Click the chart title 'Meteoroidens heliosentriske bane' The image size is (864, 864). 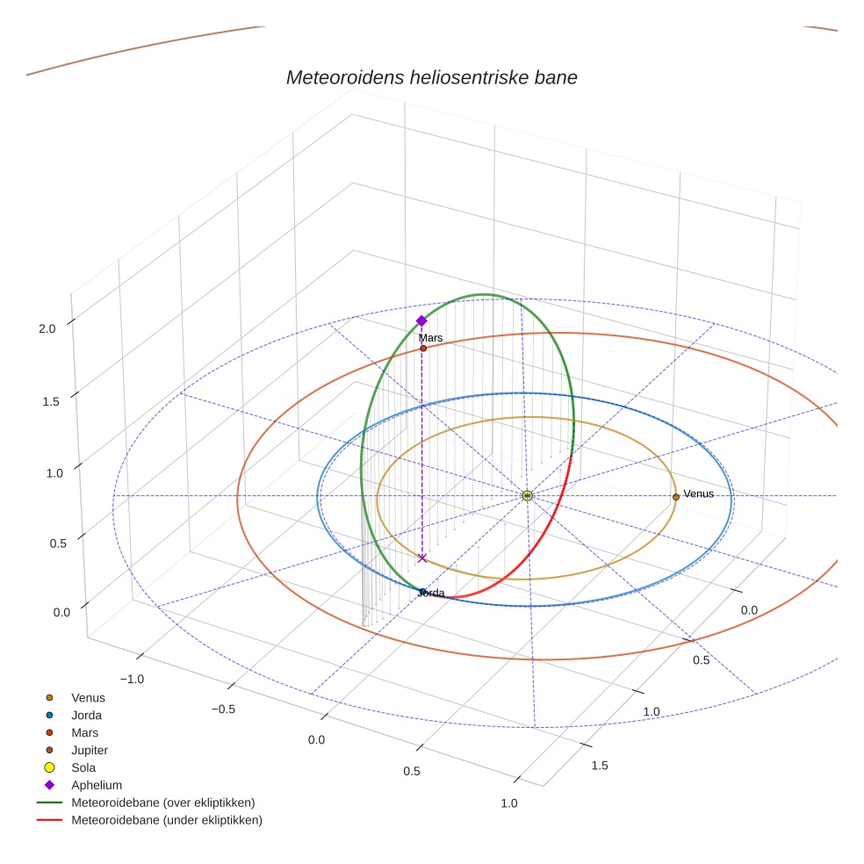(431, 77)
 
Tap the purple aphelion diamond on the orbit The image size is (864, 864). (421, 320)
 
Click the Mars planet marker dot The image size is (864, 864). (423, 348)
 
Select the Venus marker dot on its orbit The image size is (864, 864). (675, 497)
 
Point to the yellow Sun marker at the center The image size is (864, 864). (527, 496)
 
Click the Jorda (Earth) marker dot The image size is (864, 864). (422, 592)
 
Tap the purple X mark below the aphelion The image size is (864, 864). (421, 558)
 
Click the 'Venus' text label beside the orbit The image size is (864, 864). (699, 493)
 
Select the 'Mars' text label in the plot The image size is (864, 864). (430, 337)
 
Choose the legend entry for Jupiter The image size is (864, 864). (90, 750)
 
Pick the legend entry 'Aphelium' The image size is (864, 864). (97, 785)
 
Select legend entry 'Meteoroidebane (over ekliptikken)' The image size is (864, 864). (162, 803)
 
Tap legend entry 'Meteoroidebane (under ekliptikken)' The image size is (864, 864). (167, 820)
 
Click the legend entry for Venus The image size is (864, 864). (88, 697)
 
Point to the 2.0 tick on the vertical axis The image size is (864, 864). (47, 328)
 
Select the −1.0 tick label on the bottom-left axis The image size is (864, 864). (132, 679)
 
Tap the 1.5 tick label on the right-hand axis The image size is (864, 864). (600, 766)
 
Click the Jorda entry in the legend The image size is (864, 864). (86, 715)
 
